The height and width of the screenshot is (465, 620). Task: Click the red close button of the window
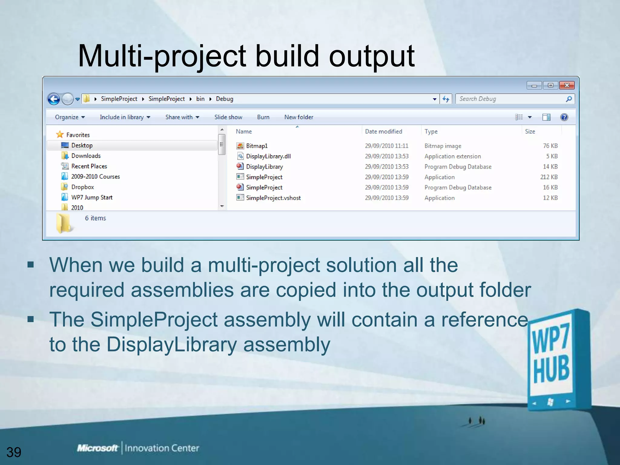[567, 85]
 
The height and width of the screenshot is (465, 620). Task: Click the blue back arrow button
[54, 99]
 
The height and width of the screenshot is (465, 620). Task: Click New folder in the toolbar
[298, 117]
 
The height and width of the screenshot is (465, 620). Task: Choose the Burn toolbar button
[263, 117]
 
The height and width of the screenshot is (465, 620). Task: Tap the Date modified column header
[384, 131]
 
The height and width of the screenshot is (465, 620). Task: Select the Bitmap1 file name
[257, 146]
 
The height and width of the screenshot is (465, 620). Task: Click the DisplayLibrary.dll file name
[268, 156]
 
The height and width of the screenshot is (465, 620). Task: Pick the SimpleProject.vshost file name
[273, 198]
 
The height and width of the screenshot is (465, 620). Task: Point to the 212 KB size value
[549, 177]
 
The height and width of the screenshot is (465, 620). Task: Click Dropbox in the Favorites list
[82, 187]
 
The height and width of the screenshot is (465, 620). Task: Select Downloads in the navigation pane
[86, 156]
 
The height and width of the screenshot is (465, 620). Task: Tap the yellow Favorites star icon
[60, 134]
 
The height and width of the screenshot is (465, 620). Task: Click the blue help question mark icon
[564, 117]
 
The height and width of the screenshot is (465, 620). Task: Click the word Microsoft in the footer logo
[97, 448]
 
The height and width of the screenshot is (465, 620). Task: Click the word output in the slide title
[371, 56]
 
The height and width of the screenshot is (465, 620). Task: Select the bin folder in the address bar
[200, 99]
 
